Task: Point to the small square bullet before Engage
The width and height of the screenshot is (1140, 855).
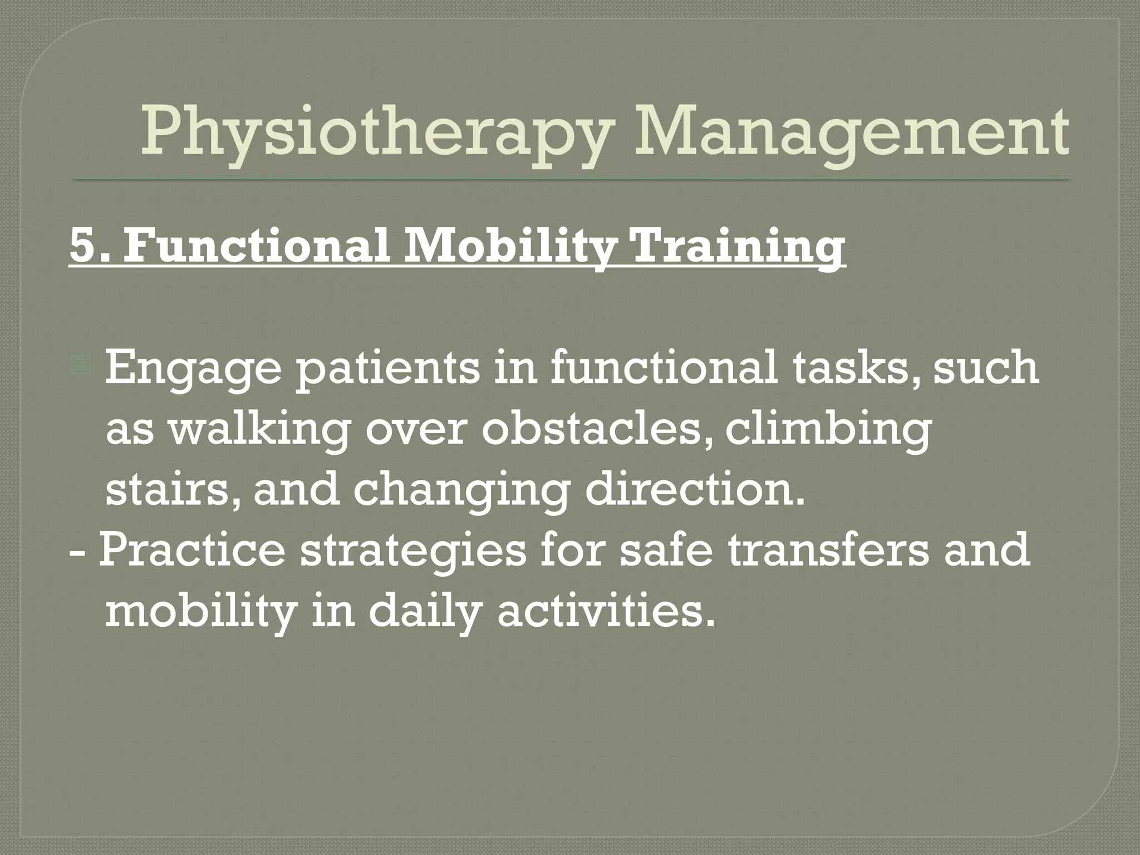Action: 81,366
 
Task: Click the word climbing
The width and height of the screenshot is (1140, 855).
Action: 828,430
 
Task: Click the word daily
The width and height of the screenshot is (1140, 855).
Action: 424,611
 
